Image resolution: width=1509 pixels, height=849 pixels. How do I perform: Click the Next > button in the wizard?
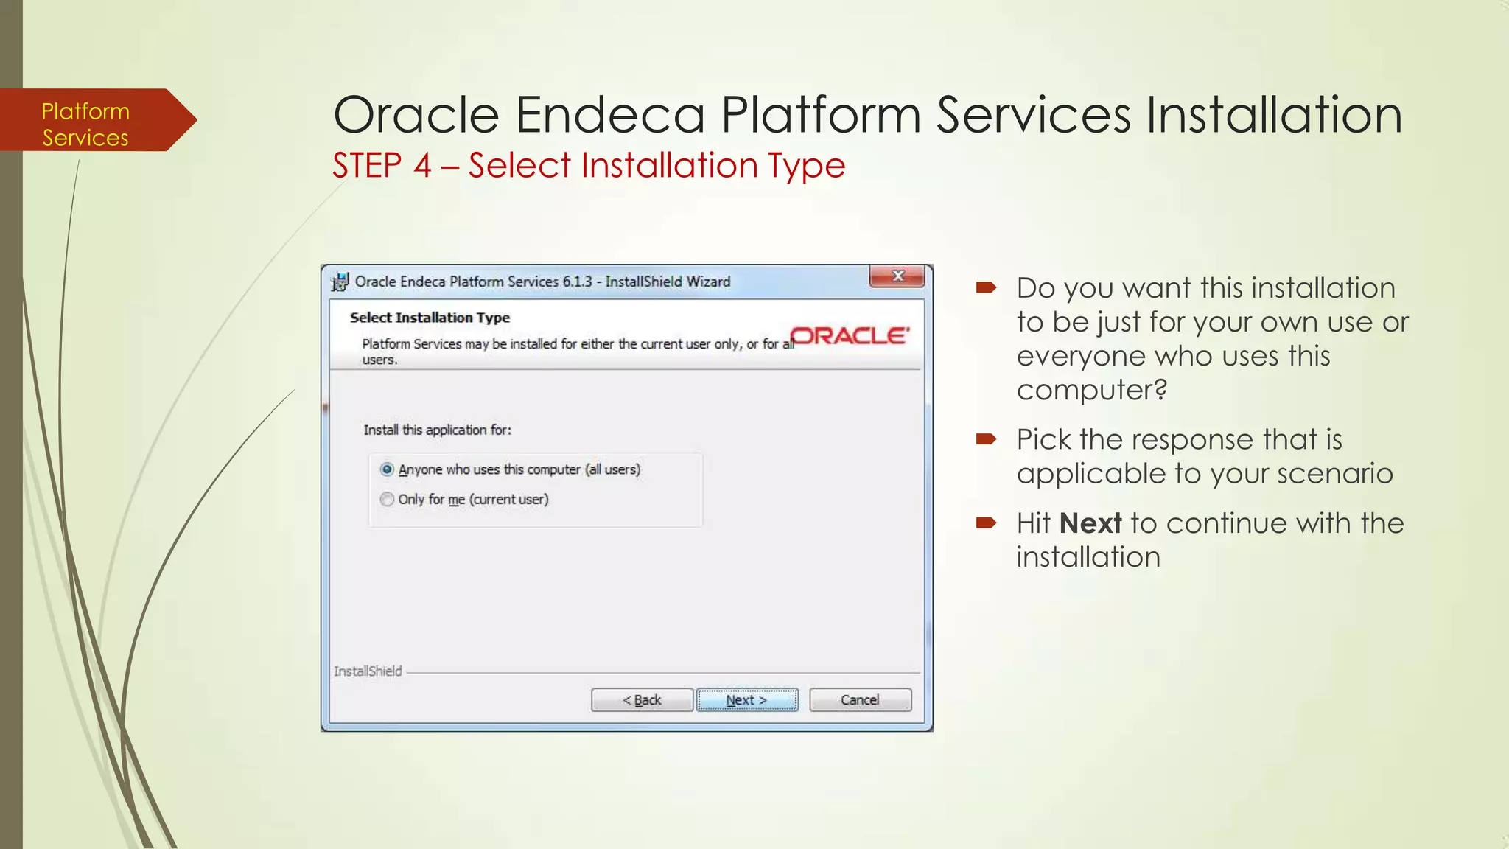coord(746,699)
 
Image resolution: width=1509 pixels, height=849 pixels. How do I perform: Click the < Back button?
coord(642,699)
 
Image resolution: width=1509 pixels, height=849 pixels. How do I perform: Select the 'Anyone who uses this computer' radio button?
coord(387,469)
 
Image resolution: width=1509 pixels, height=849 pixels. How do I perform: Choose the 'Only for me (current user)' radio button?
coord(387,500)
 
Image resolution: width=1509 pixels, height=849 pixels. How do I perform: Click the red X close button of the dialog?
coord(897,276)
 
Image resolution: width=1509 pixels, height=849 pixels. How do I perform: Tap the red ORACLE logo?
coord(850,336)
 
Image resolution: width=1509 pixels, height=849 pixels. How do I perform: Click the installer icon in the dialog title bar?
coord(340,282)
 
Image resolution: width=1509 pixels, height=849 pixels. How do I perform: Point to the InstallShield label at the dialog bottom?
coord(368,671)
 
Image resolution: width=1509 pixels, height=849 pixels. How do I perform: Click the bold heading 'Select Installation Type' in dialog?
coord(430,318)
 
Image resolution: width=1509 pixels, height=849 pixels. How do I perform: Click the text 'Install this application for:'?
coord(437,430)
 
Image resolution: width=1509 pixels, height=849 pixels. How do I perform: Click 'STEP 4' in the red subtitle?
coord(381,165)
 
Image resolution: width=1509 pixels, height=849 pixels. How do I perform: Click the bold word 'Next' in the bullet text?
coord(1090,523)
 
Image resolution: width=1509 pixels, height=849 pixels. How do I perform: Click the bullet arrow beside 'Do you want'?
coord(986,287)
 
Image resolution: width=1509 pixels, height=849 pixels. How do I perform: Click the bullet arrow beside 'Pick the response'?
coord(986,439)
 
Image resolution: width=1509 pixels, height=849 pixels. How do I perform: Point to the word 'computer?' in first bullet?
coord(1091,390)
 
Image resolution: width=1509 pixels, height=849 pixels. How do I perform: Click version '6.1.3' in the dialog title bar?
coord(577,282)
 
